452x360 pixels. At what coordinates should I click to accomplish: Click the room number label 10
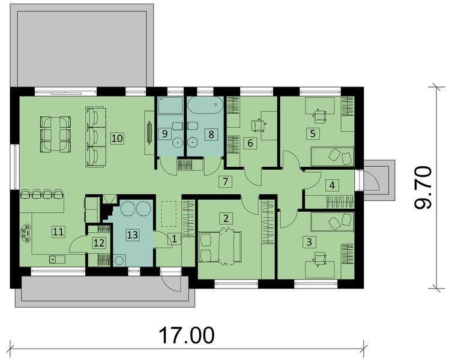click(x=117, y=137)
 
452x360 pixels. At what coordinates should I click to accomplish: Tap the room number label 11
click(x=57, y=230)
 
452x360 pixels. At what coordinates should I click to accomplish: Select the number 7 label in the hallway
click(x=225, y=181)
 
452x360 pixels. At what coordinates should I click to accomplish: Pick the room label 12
click(x=98, y=242)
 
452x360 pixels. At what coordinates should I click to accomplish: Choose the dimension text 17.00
click(x=187, y=335)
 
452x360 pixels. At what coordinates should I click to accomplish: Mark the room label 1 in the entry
click(x=174, y=239)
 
